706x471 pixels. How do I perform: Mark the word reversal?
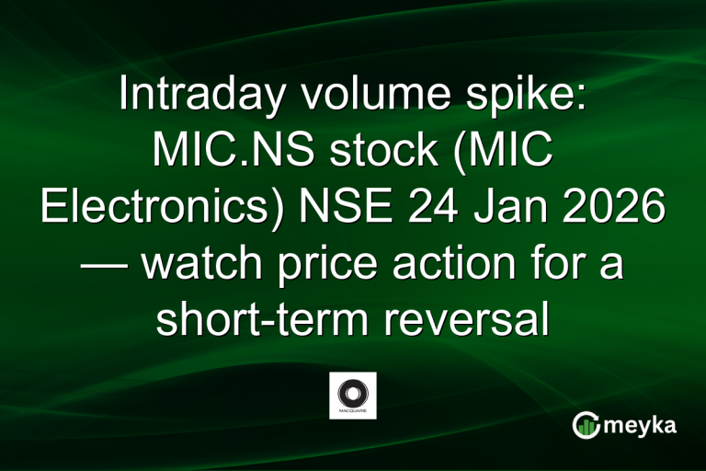point(470,319)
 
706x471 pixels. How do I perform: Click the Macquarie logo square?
point(352,396)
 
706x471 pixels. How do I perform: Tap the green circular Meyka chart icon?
point(585,425)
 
